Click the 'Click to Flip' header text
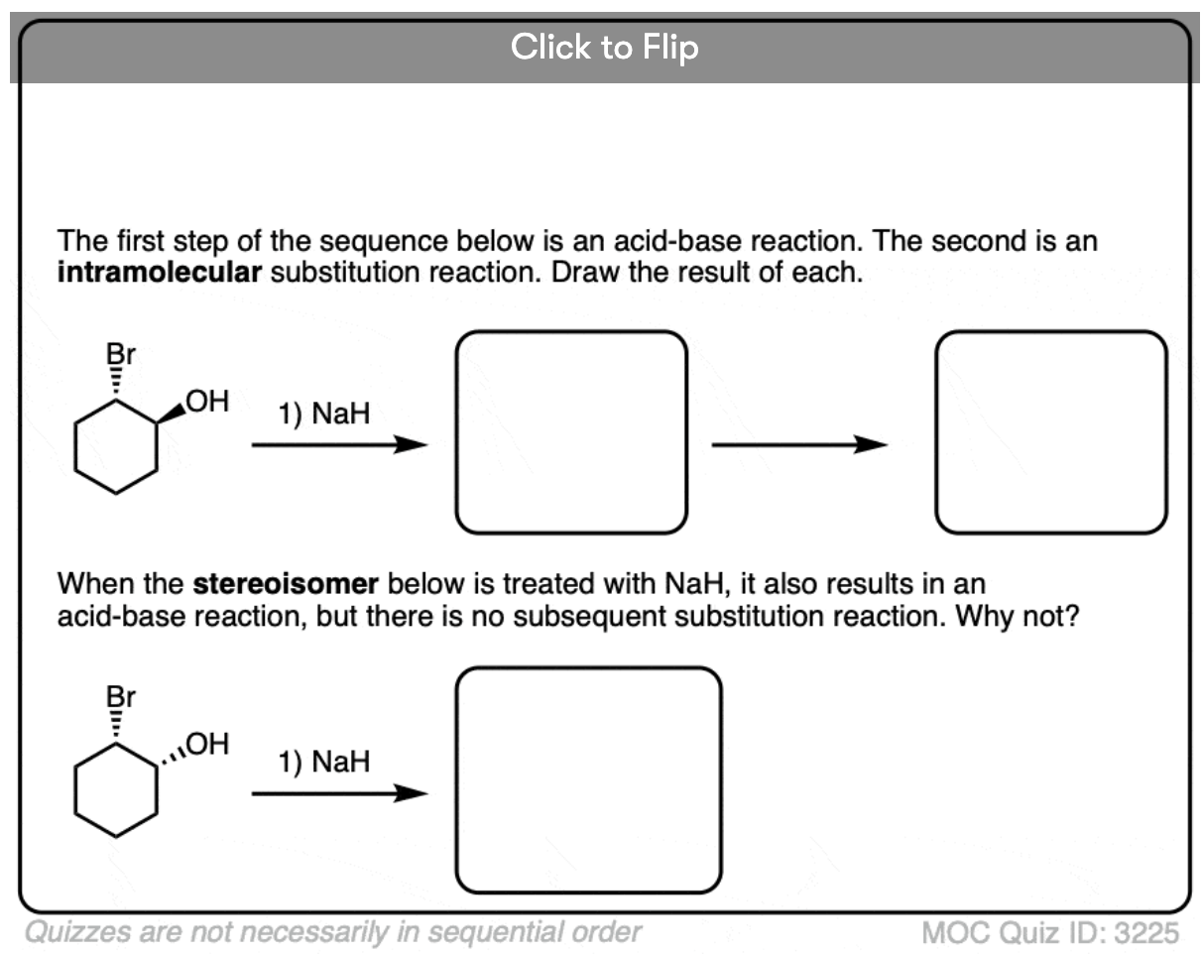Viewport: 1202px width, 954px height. point(604,47)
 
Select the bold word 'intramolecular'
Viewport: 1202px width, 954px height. point(160,273)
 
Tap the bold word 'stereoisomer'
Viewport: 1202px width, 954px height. point(286,584)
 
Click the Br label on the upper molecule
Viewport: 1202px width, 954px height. point(121,354)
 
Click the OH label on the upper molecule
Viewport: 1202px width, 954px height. point(207,401)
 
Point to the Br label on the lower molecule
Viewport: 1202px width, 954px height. point(121,697)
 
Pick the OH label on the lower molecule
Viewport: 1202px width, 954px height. point(207,744)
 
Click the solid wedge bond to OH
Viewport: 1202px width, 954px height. point(171,414)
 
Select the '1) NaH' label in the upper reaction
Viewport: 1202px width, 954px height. point(324,414)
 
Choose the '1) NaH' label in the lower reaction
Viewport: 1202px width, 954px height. point(324,762)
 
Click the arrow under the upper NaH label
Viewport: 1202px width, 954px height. point(339,445)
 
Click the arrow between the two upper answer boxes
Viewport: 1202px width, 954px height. point(799,445)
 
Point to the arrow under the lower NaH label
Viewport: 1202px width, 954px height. point(339,793)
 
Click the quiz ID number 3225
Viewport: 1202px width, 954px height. point(1146,933)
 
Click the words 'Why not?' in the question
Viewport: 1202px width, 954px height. point(1018,616)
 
